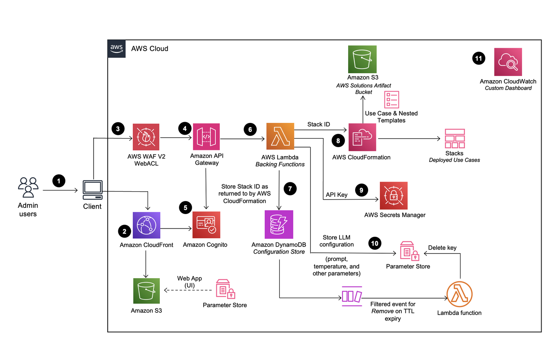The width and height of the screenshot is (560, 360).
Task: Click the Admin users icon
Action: click(x=28, y=187)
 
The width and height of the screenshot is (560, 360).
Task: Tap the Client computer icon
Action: click(x=92, y=190)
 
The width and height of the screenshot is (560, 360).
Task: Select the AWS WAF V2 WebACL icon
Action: click(x=146, y=137)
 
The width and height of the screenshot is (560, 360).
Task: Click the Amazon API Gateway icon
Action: click(x=206, y=137)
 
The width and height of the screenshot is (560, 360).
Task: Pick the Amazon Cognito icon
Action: click(x=206, y=225)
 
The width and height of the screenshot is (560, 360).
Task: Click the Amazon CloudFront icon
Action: click(x=146, y=225)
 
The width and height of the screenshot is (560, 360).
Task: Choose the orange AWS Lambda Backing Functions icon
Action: click(x=280, y=136)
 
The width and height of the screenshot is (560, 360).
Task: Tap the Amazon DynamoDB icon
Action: click(x=279, y=224)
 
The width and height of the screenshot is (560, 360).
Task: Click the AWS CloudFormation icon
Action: click(x=362, y=137)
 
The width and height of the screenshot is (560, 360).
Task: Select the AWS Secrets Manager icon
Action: click(x=394, y=196)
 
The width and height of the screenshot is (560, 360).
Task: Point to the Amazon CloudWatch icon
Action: click(x=508, y=62)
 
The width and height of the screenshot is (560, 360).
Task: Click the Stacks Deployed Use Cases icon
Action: click(x=455, y=139)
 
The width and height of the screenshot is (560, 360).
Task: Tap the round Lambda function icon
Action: click(x=459, y=294)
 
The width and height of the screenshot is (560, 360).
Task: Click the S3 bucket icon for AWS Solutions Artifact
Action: click(x=362, y=59)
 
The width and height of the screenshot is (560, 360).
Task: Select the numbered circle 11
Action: click(x=479, y=58)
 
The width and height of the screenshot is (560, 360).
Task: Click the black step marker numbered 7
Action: click(x=290, y=189)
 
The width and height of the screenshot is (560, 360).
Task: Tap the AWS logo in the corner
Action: click(x=116, y=49)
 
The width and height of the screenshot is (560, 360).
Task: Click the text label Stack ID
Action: click(x=318, y=124)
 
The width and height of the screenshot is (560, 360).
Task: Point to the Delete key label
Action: click(x=442, y=248)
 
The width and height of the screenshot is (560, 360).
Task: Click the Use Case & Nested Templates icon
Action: click(x=392, y=99)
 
